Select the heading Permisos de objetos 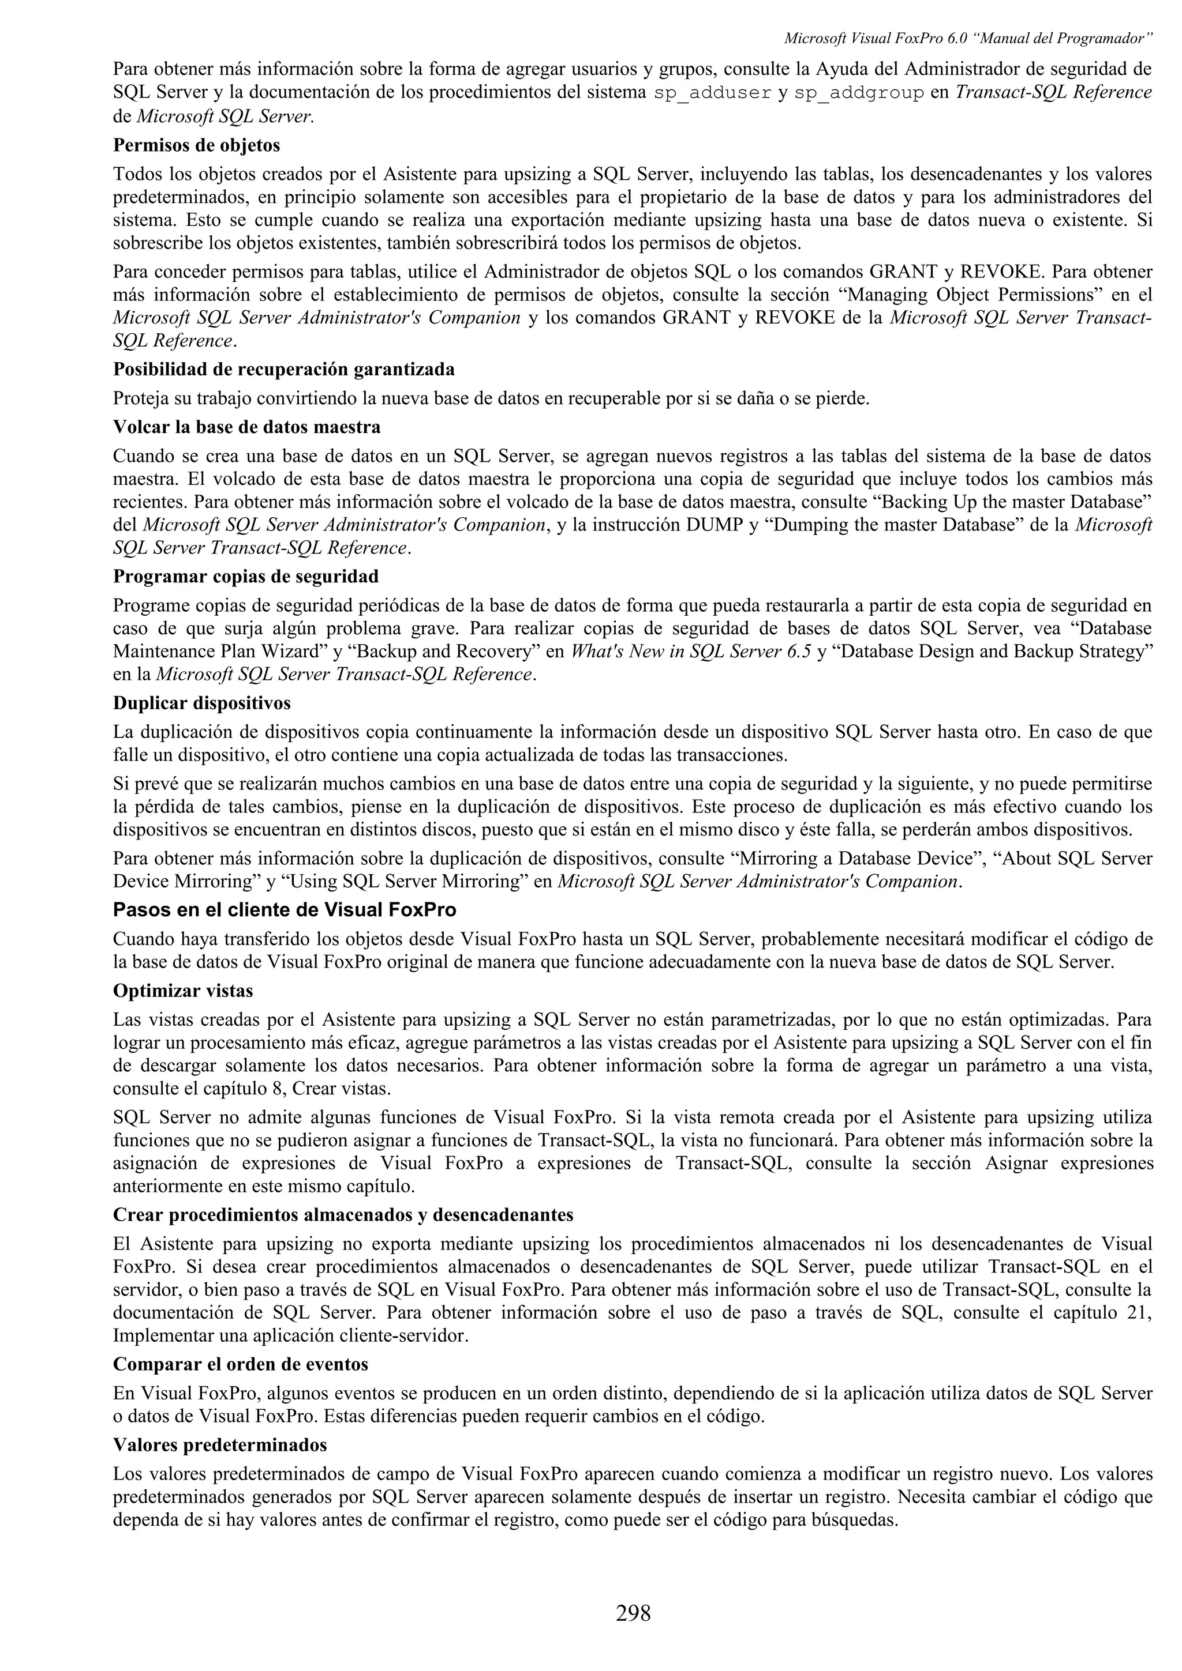[x=197, y=145]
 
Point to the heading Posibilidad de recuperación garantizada [x=283, y=370]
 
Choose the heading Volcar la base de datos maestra [x=246, y=427]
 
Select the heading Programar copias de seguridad [x=245, y=577]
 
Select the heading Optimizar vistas [x=183, y=991]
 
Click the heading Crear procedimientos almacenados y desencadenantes [x=343, y=1215]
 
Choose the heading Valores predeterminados [x=220, y=1444]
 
